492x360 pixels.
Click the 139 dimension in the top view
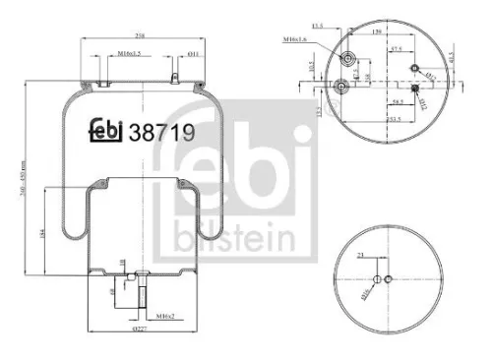tap(380, 32)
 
